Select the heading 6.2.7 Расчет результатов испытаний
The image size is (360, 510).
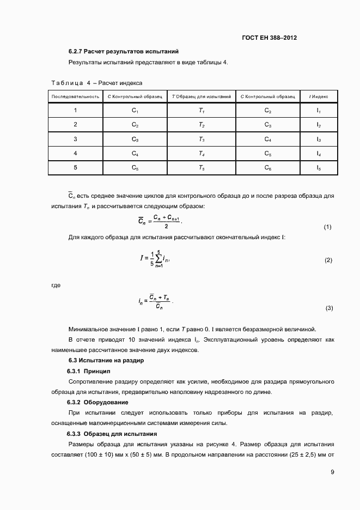coord(124,52)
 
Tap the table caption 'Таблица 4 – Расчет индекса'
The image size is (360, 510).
coord(97,83)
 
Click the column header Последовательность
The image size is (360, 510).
coord(75,96)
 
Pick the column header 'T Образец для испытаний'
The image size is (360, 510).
coord(201,96)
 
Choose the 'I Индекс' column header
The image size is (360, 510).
coord(319,96)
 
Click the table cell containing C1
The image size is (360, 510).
coord(135,111)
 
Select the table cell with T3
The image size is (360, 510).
coord(201,139)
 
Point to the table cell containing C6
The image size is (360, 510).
coord(267,168)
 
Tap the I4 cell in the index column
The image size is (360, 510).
coord(319,154)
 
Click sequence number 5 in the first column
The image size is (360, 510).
coord(75,168)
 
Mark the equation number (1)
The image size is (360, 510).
coord(327,227)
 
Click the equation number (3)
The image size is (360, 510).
coord(329,308)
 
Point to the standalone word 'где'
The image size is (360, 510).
coord(56,285)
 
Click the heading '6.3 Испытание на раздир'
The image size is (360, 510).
coord(106,361)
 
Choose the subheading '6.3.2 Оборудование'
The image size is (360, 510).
coord(97,403)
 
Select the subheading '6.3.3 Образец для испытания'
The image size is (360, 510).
coord(112,434)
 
